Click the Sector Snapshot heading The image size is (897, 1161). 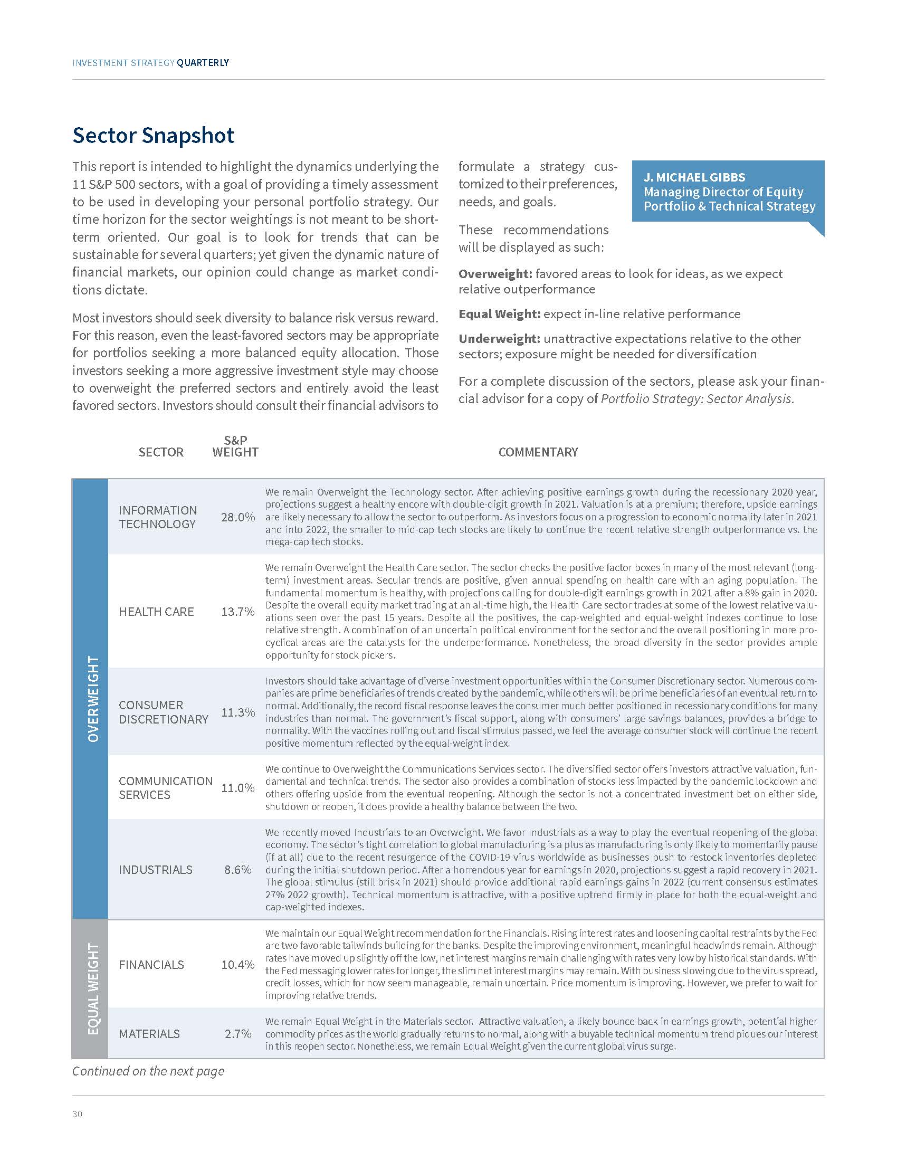[x=153, y=136]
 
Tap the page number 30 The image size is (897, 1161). [x=78, y=1114]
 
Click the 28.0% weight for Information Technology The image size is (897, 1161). [x=237, y=517]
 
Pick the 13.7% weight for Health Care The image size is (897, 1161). [x=237, y=611]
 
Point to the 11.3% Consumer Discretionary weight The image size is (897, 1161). [x=237, y=712]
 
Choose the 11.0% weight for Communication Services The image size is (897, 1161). [x=237, y=788]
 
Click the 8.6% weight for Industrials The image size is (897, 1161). [x=237, y=870]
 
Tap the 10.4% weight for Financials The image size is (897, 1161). [x=237, y=965]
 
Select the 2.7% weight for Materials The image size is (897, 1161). [x=237, y=1034]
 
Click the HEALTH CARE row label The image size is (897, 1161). [x=156, y=611]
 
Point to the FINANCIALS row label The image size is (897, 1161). [x=151, y=965]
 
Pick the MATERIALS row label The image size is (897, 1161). [x=149, y=1034]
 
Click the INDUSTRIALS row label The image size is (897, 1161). [x=155, y=870]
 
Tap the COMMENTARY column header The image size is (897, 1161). [x=538, y=452]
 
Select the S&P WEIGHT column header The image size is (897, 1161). [x=235, y=446]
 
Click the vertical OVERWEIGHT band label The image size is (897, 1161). [x=93, y=699]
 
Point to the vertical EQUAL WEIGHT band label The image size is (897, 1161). [x=93, y=989]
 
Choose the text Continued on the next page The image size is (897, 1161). [x=148, y=1071]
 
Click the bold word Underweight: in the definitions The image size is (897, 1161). [x=499, y=339]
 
